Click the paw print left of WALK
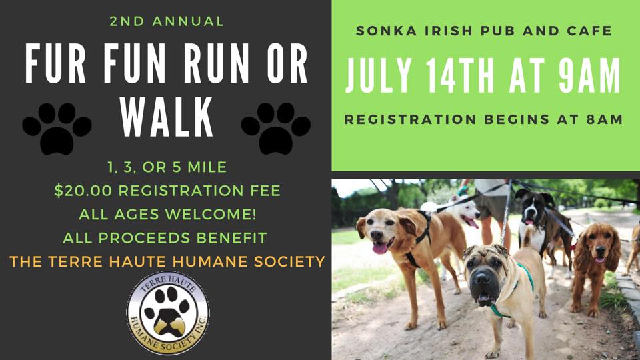coord(57,128)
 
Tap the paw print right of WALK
coord(276,128)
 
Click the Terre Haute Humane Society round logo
coord(168,313)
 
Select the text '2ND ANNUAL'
coord(167,21)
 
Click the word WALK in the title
coord(167,117)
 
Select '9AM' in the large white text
coord(589,75)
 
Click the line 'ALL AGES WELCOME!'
coord(168,214)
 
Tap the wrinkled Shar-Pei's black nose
coord(481,278)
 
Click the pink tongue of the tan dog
coord(380,247)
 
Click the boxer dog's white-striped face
coord(531,208)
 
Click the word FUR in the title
coord(55,64)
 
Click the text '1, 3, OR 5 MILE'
coord(167,167)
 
